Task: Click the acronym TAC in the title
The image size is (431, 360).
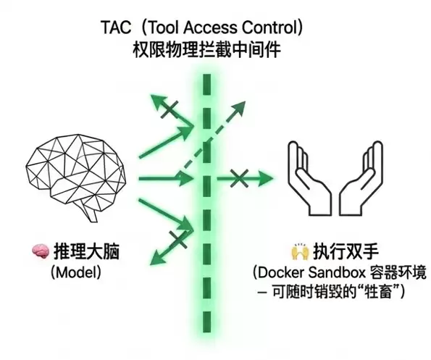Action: click(117, 28)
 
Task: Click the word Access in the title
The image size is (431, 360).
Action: click(210, 28)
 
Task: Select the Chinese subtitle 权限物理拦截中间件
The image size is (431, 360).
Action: click(207, 50)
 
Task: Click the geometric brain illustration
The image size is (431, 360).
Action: click(76, 177)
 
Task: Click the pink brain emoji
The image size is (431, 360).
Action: click(41, 251)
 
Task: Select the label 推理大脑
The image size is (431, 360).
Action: click(86, 251)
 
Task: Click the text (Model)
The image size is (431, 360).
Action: click(76, 272)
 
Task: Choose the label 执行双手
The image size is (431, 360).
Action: click(346, 251)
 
